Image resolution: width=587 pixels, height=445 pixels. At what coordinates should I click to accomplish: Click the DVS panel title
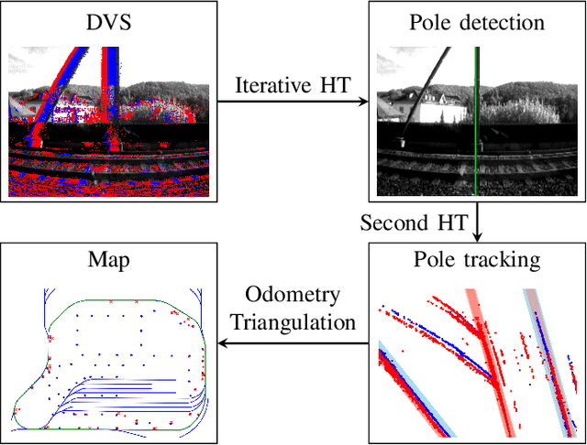pos(109,22)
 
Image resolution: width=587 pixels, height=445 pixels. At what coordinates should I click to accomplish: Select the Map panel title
pos(109,260)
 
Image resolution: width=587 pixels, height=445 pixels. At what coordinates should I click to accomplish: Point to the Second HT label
pos(414,223)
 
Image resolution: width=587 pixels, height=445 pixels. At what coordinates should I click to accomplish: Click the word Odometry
pos(293,296)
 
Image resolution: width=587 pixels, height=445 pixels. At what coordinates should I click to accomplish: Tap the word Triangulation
pos(293,321)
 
